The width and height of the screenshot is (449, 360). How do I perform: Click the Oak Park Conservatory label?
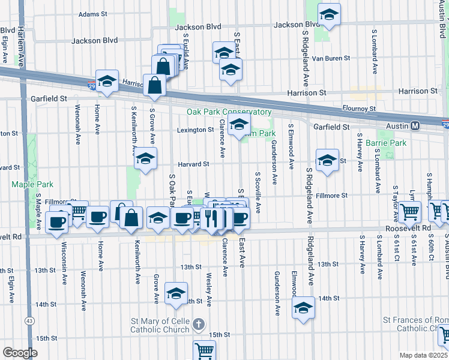229,112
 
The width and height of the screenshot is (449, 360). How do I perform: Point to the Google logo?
20,352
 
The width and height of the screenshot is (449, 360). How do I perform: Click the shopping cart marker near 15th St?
204,350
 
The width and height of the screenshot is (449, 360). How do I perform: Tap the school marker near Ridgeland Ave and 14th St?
304,308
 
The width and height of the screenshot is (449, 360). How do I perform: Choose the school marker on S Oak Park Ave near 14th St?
176,293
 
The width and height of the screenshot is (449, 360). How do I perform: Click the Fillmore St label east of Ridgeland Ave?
332,196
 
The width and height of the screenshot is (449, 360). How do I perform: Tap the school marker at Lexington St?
240,127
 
